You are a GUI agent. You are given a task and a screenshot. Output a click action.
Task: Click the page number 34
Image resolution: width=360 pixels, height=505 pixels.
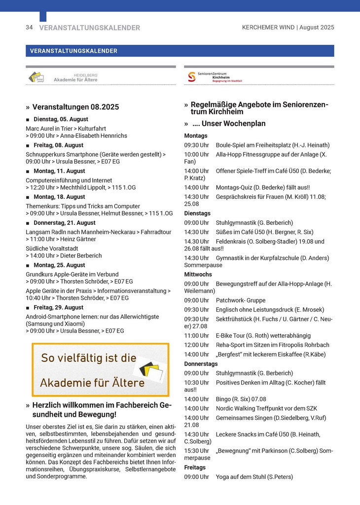29,28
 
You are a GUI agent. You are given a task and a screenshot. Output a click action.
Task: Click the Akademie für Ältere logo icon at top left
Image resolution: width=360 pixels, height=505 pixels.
36,77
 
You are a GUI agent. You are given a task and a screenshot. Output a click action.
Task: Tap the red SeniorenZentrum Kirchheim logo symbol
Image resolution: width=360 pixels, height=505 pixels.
191,77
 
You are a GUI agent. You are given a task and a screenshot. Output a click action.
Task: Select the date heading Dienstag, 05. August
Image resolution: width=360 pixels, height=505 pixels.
61,119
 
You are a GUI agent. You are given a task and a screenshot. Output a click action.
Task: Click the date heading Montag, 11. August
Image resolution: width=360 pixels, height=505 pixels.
59,171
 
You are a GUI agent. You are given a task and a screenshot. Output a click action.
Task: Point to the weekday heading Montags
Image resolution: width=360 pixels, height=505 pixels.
196,136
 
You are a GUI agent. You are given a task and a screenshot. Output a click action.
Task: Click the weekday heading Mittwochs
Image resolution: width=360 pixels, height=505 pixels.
198,274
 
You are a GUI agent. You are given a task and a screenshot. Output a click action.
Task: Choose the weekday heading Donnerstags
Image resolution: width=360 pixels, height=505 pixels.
201,364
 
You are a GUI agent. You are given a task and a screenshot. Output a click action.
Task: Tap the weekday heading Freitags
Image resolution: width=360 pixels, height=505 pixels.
195,468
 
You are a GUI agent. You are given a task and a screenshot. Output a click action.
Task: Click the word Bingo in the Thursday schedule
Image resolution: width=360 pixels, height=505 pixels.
224,399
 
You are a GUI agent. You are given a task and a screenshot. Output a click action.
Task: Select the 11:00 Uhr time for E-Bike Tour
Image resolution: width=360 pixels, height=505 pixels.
196,335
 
